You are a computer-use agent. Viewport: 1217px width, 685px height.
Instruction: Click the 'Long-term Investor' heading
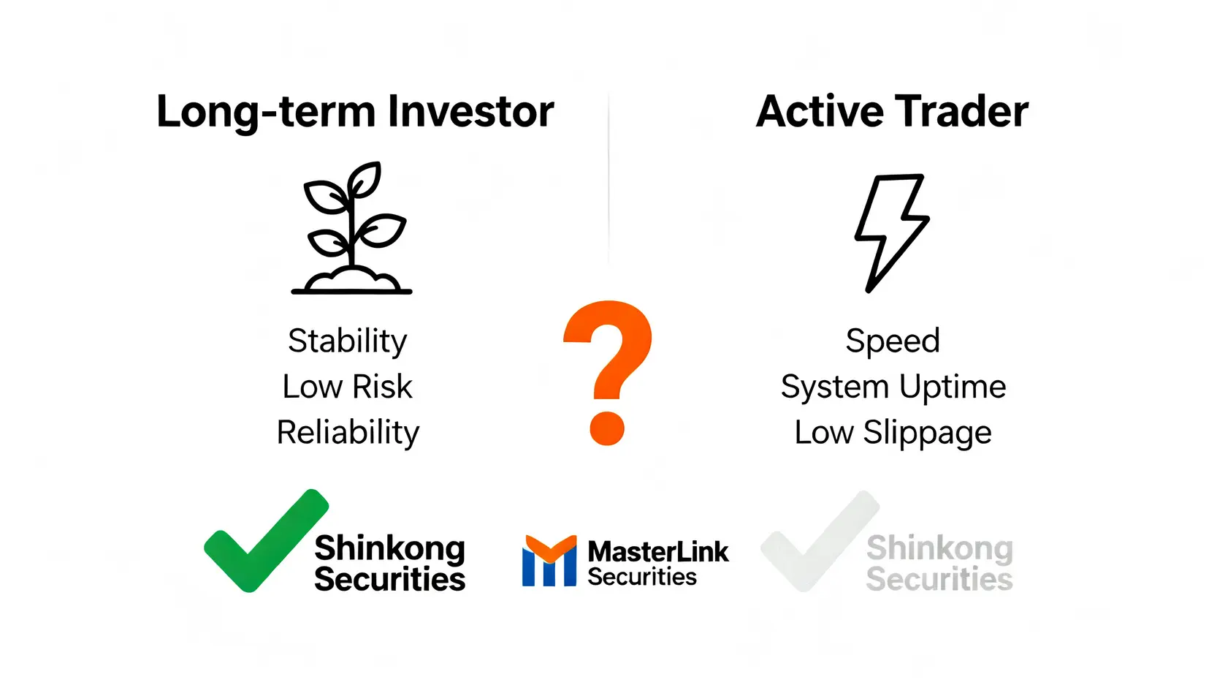[x=355, y=113]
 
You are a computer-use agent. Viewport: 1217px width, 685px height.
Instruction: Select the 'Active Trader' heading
[x=892, y=111]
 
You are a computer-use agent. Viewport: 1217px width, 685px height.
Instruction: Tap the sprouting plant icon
[x=351, y=228]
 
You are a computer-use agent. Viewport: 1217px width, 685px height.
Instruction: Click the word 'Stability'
[x=348, y=342]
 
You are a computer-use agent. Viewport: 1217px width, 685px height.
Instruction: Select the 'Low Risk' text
[x=348, y=387]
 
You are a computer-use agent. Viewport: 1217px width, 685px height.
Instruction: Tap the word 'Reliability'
[x=348, y=434]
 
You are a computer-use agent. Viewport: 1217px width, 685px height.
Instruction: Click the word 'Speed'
[x=893, y=342]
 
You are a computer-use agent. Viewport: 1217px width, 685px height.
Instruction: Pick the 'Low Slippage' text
[x=893, y=434]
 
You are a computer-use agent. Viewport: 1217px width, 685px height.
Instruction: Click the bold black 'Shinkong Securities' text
[x=389, y=563]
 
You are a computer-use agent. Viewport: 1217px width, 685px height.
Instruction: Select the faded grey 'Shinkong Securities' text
[x=939, y=563]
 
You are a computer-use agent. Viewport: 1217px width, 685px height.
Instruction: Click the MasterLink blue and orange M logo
[x=549, y=561]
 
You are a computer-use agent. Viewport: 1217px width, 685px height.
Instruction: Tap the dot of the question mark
[x=607, y=428]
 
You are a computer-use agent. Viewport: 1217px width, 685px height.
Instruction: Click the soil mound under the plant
[x=351, y=281]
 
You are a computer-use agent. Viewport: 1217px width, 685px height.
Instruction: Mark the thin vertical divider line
[x=608, y=178]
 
